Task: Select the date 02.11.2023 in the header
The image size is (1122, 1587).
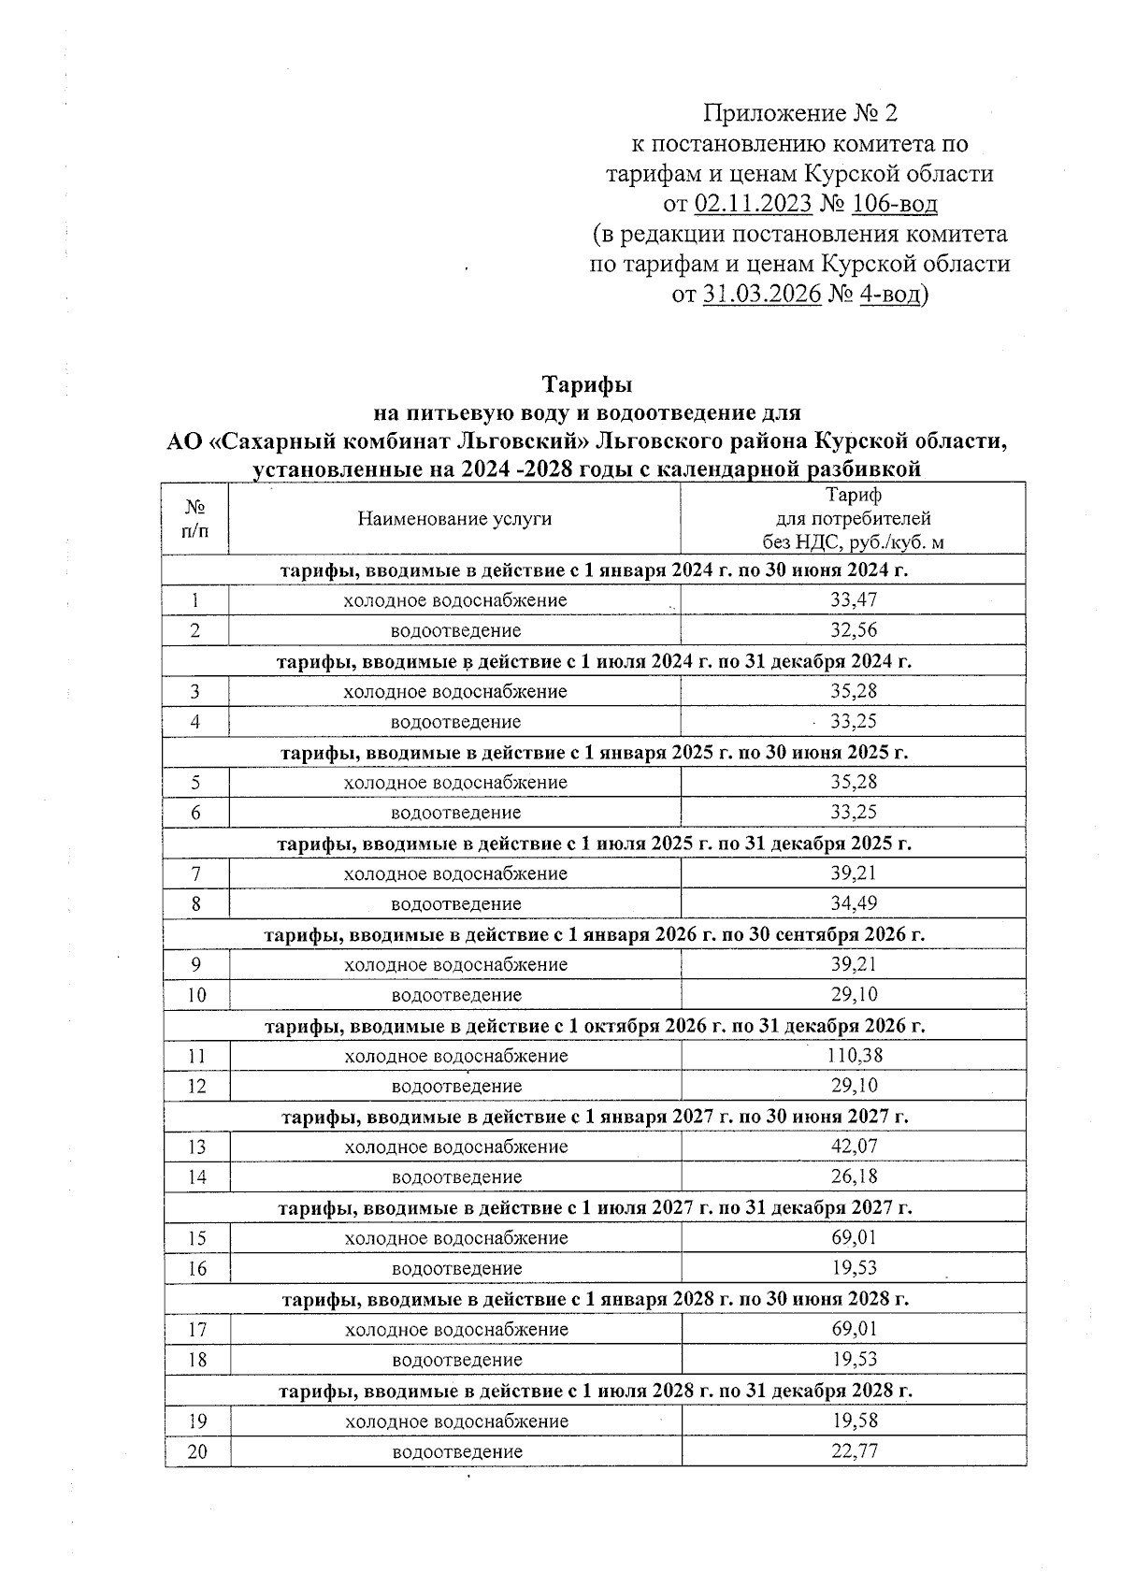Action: pyautogui.click(x=753, y=203)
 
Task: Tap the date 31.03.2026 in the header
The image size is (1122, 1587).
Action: pyautogui.click(x=761, y=294)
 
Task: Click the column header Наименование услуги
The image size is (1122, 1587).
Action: pyautogui.click(x=454, y=519)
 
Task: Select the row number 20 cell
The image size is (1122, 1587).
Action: pyautogui.click(x=196, y=1451)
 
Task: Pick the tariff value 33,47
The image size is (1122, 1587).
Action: pyautogui.click(x=855, y=599)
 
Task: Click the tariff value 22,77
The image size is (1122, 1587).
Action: pyautogui.click(x=855, y=1451)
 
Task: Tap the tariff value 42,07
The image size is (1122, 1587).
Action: pyautogui.click(x=855, y=1147)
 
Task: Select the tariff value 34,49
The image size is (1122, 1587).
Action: pyautogui.click(x=855, y=903)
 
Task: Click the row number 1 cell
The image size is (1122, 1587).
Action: pyautogui.click(x=196, y=600)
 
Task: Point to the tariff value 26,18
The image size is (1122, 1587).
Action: pyautogui.click(x=855, y=1176)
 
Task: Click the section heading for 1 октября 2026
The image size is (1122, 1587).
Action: pyautogui.click(x=596, y=1026)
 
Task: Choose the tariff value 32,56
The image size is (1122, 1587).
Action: pyautogui.click(x=855, y=629)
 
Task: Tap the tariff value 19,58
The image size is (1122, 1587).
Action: pyautogui.click(x=855, y=1421)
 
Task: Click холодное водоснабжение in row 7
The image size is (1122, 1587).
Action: pyautogui.click(x=455, y=873)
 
